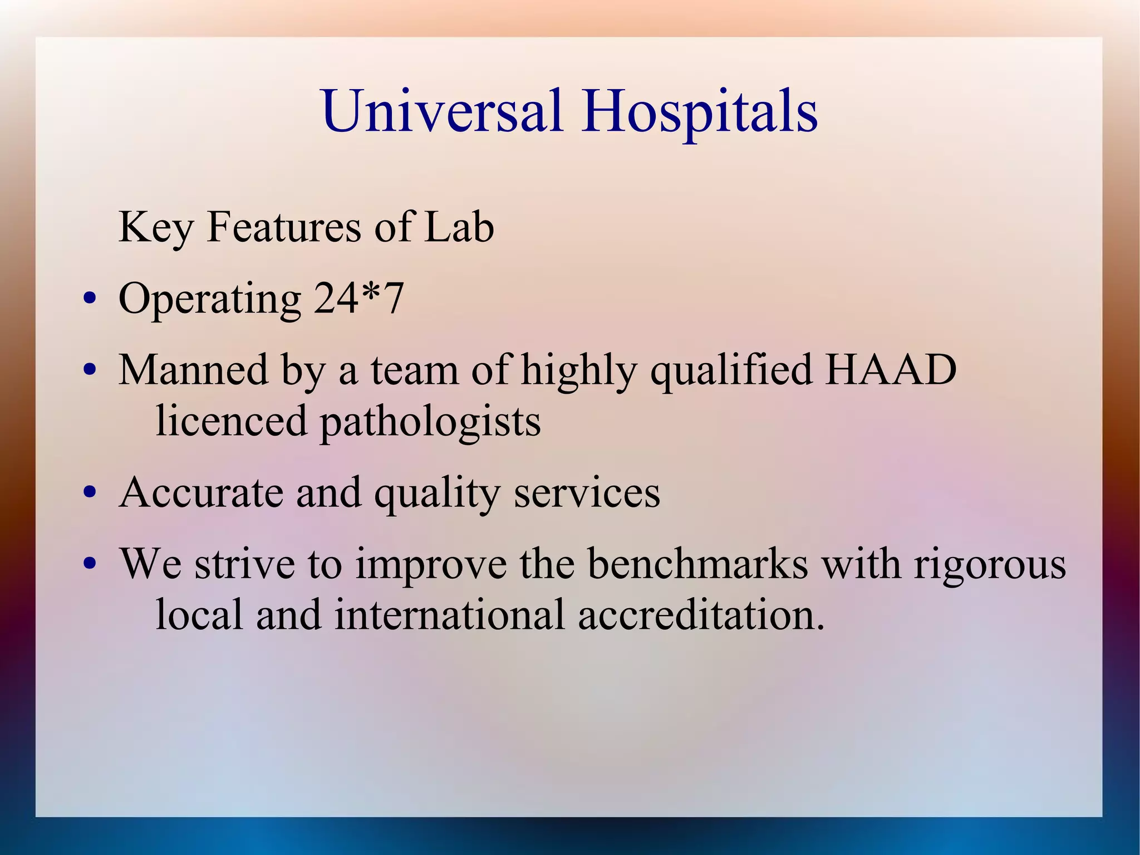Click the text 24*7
point(358,299)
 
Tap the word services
point(587,492)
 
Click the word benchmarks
point(697,564)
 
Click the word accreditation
point(701,615)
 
